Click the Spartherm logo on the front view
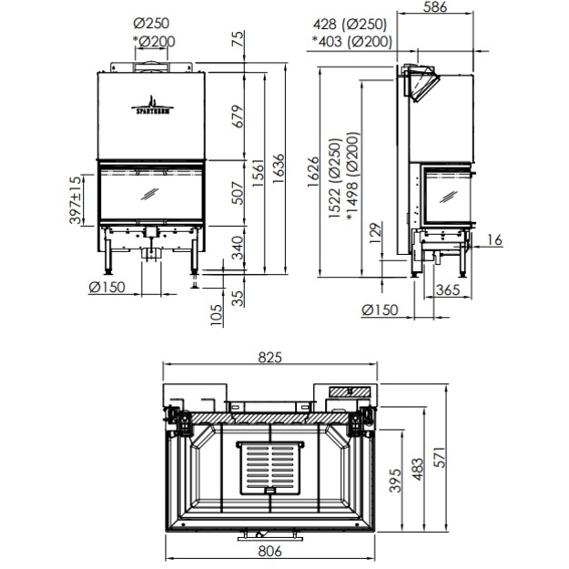152,106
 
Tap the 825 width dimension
270,358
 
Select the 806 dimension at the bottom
270,551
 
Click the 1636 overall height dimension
279,168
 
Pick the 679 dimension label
238,117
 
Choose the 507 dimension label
238,193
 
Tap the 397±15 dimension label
76,200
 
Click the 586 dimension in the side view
435,7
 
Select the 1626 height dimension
313,172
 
